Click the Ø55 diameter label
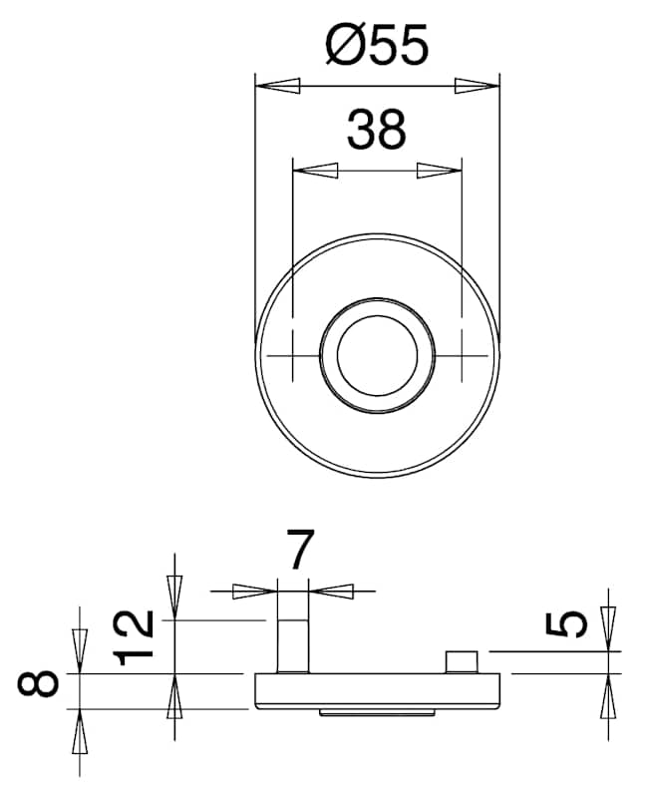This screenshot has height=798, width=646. click(377, 45)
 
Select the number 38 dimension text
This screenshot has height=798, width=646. click(377, 130)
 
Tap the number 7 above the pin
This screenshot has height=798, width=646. click(301, 549)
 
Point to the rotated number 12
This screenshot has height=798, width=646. click(134, 637)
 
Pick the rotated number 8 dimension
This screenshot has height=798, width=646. click(38, 683)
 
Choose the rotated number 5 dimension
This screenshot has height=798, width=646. click(566, 624)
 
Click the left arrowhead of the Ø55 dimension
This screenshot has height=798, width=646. click(278, 86)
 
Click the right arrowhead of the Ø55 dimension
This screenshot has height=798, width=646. click(478, 86)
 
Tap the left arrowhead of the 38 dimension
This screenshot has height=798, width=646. click(316, 171)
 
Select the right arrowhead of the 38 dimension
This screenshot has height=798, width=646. click(439, 171)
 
